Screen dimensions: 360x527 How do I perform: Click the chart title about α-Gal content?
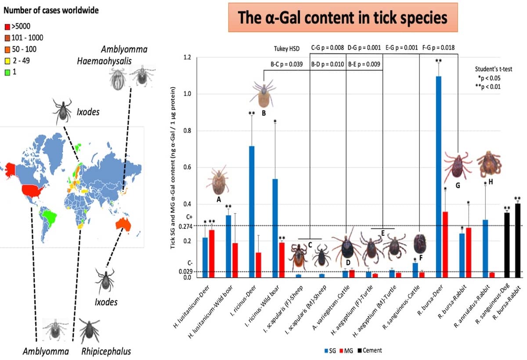point(343,18)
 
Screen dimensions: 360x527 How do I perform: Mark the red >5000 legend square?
point(6,27)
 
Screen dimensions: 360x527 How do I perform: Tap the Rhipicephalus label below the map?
point(106,351)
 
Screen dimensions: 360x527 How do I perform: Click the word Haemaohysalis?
point(101,61)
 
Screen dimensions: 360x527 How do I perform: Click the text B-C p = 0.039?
point(286,64)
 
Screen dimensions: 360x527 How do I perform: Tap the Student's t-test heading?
point(494,69)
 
